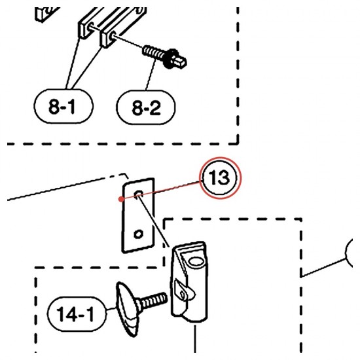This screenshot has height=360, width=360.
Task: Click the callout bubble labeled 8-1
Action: tap(63, 106)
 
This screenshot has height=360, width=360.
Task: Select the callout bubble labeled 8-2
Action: tap(145, 107)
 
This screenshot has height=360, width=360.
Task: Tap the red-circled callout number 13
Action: tap(220, 178)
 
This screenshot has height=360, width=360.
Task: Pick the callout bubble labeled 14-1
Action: tap(77, 314)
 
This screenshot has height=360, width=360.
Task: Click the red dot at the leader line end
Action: tap(121, 199)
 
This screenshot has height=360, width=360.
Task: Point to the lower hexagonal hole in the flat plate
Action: tap(139, 234)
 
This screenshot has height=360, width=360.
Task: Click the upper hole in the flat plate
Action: tap(139, 194)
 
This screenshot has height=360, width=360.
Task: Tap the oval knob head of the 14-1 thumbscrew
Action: tap(127, 309)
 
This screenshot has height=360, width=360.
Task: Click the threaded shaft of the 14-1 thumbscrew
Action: tap(153, 301)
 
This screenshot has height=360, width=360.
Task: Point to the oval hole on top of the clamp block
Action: tap(196, 261)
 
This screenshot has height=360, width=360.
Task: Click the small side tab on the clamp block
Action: tap(185, 291)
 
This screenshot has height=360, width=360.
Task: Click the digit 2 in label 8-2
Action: tap(154, 109)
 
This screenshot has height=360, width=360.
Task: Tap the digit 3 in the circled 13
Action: tap(223, 177)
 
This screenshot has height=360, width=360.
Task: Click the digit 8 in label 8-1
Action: tap(54, 107)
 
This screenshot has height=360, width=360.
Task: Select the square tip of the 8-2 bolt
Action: tap(181, 62)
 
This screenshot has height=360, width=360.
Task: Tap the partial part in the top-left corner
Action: tap(46, 14)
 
